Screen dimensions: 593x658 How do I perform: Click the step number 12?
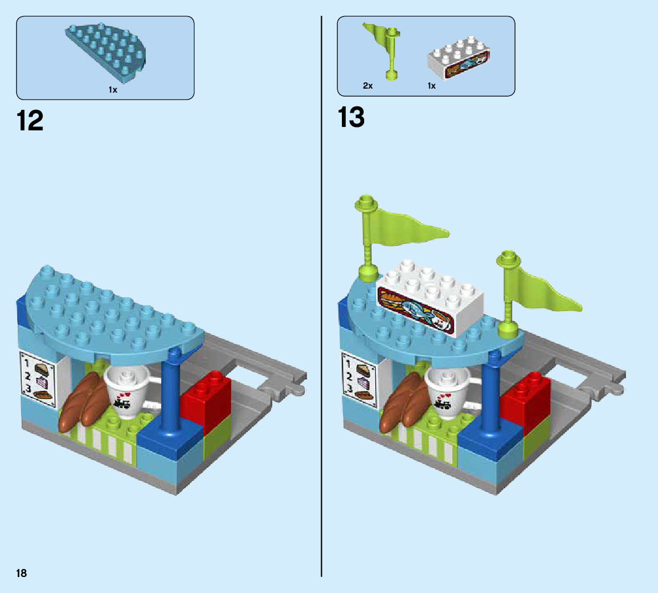30,121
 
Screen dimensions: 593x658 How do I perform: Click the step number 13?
350,117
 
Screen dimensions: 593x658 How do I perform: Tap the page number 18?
21,573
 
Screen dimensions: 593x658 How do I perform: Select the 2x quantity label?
368,86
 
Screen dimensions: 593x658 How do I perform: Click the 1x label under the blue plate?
113,90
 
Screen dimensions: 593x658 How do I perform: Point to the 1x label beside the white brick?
431,86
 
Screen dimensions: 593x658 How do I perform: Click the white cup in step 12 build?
127,392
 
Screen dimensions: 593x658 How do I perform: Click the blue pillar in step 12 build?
170,395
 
